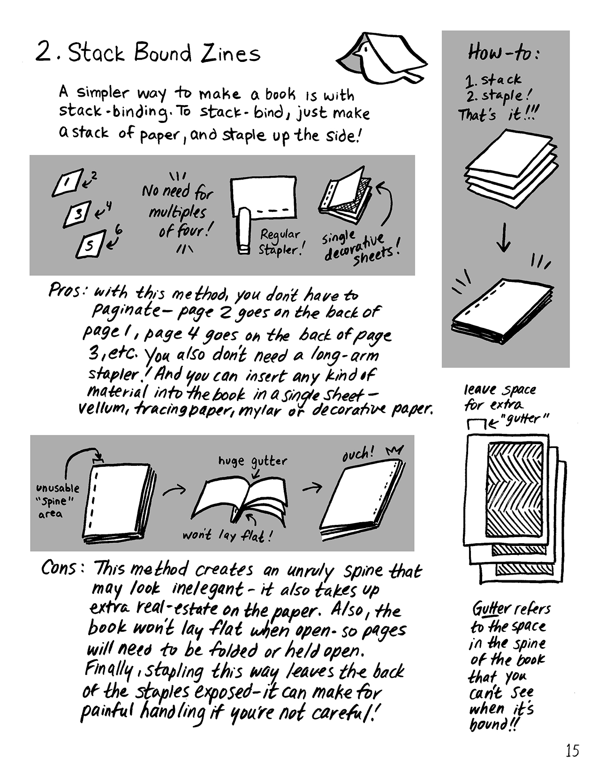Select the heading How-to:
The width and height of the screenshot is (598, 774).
(504, 53)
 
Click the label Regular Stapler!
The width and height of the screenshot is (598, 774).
(280, 242)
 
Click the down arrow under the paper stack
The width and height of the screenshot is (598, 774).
(503, 237)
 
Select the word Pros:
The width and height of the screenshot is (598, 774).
(67, 291)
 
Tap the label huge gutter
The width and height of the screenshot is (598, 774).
(252, 461)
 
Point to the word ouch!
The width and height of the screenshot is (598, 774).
(358, 454)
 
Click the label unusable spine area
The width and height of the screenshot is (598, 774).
(57, 501)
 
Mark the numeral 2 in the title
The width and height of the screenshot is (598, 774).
(44, 52)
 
